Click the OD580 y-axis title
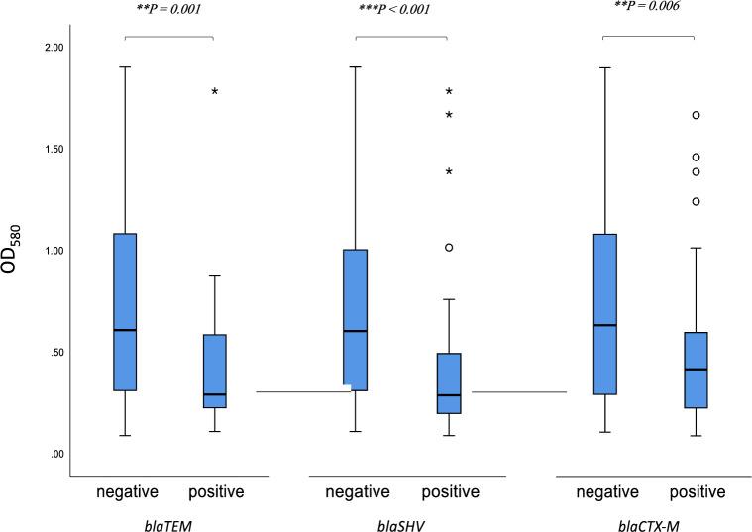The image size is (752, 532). (x=23, y=248)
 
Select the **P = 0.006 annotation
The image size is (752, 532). (x=648, y=5)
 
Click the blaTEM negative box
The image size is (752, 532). (x=125, y=312)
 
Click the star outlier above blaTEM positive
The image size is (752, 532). (x=214, y=92)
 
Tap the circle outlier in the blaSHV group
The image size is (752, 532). (x=449, y=248)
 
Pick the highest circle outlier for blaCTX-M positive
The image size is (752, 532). (x=696, y=115)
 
